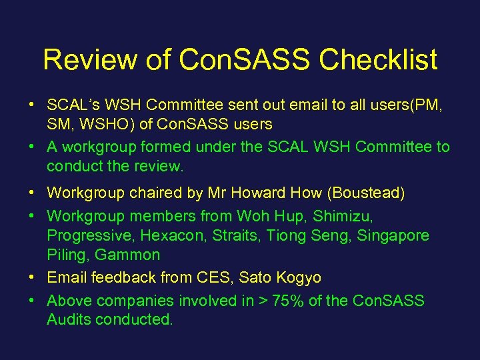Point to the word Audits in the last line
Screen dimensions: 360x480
69,319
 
